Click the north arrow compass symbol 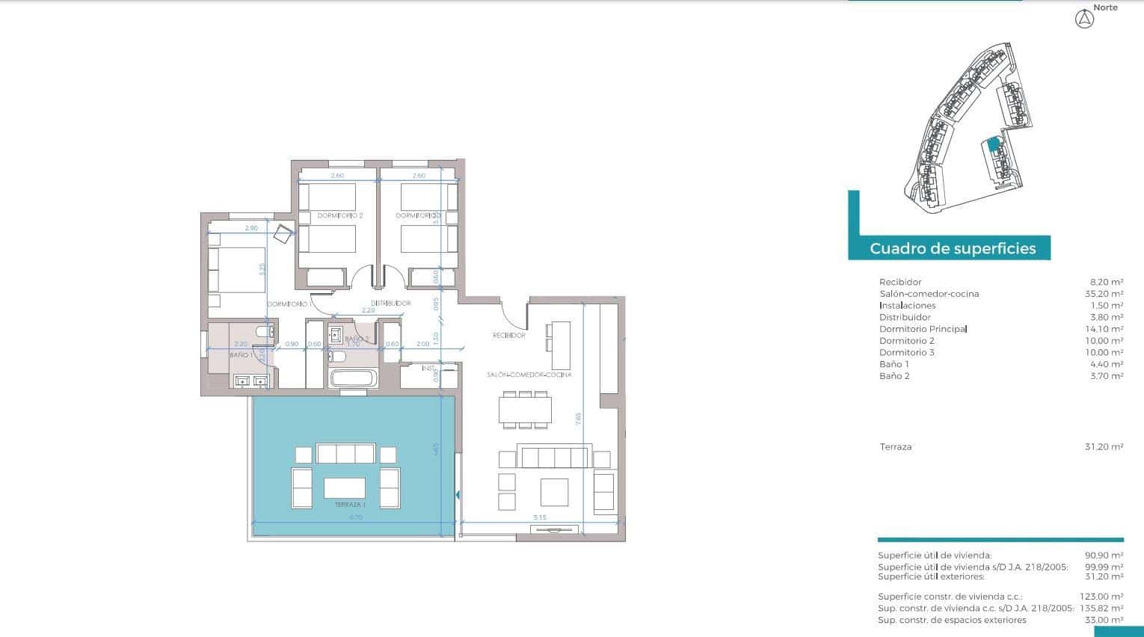tap(1084, 20)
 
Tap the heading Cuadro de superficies tap(953, 248)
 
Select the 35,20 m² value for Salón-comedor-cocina tap(1106, 294)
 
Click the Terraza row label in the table tap(896, 447)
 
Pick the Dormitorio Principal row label tap(923, 329)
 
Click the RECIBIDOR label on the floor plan tap(508, 336)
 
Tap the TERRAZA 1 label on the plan tap(350, 505)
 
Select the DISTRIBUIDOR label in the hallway tap(391, 303)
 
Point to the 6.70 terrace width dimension tap(356, 517)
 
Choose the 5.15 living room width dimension tap(541, 517)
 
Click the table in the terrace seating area tap(345, 488)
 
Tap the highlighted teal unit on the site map tap(993, 145)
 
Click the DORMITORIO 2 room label tap(339, 215)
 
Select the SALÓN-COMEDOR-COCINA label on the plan tap(529, 375)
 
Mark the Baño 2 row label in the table tap(894, 376)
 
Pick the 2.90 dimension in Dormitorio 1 tap(251, 227)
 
